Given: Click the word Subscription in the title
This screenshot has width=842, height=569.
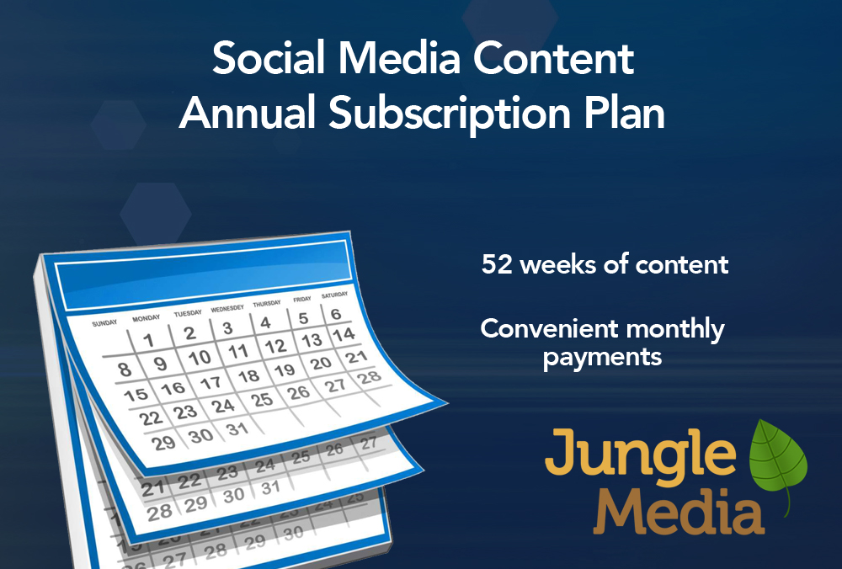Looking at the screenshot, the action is click(450, 114).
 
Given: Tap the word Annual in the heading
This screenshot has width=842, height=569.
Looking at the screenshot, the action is click(247, 114).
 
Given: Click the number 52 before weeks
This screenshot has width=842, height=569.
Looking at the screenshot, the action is click(497, 264).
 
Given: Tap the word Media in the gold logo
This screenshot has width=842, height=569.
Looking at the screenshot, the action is click(679, 512).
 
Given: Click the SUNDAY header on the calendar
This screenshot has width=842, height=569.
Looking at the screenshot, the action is click(104, 323).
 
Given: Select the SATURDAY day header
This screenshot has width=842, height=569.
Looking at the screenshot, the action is click(334, 295).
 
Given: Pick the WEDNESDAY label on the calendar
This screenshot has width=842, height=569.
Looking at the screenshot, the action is click(227, 309).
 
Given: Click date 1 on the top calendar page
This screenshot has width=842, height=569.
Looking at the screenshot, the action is click(149, 340).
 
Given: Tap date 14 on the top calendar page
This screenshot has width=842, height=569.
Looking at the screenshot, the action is click(344, 334).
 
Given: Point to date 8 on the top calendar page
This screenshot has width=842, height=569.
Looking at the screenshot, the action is click(125, 370).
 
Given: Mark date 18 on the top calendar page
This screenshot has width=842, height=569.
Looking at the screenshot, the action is click(248, 376).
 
